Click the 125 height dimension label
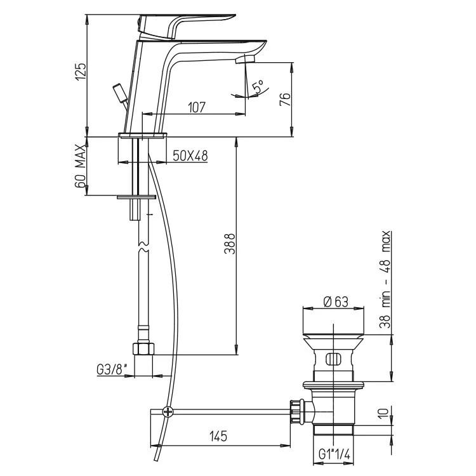coord(81,72)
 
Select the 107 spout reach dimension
coord(197,107)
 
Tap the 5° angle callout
coord(258,86)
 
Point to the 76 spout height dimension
coord(285,99)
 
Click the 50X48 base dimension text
coord(190,155)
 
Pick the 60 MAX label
coord(80,166)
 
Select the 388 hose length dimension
coord(230,244)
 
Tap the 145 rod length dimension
coord(218,436)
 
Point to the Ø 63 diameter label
coord(336,302)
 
